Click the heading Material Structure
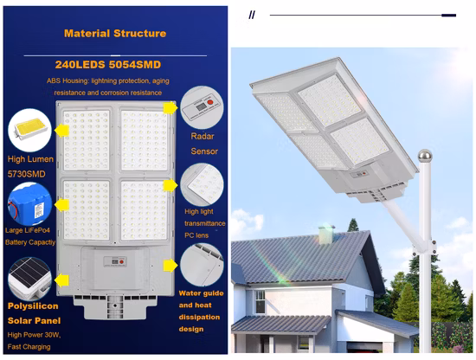click(x=114, y=34)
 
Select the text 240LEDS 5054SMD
click(x=114, y=64)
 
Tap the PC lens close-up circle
click(x=203, y=182)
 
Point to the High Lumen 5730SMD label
click(x=29, y=166)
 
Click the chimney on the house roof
click(x=326, y=234)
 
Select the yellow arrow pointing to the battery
click(x=62, y=206)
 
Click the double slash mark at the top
click(x=252, y=15)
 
